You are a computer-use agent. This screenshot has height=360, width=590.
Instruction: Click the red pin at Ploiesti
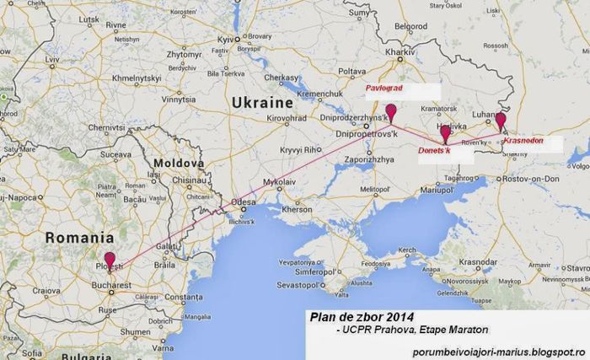click(x=110, y=259)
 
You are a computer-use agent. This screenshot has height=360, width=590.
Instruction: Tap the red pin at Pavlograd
click(x=390, y=110)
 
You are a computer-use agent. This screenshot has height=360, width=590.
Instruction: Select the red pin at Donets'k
click(x=445, y=132)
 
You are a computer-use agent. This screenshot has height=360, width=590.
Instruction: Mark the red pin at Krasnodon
click(x=501, y=120)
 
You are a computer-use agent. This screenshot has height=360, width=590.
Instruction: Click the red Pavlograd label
click(x=385, y=88)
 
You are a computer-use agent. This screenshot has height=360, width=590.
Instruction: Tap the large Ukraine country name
click(x=260, y=102)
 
